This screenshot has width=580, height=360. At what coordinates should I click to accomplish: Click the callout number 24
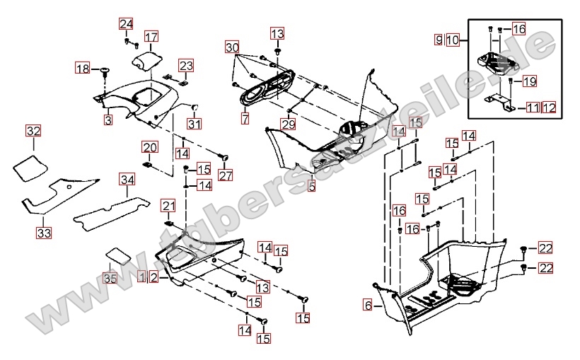click(x=126, y=24)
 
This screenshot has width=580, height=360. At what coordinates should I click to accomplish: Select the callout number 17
click(x=151, y=37)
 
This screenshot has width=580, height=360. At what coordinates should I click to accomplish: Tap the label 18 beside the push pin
click(x=83, y=69)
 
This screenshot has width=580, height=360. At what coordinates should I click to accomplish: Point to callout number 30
click(x=232, y=47)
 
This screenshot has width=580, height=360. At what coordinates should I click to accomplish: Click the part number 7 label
click(x=245, y=119)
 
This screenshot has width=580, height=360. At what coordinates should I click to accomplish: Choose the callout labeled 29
click(x=289, y=124)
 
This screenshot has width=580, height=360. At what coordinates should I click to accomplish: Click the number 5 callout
click(x=312, y=186)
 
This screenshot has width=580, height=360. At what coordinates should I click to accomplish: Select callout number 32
click(x=33, y=131)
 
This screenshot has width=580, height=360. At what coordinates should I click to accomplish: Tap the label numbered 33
click(x=44, y=233)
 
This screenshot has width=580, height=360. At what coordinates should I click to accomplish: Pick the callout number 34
click(x=127, y=180)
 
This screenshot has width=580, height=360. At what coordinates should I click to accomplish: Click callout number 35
click(x=110, y=278)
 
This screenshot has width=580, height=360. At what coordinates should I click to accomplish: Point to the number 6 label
click(x=368, y=306)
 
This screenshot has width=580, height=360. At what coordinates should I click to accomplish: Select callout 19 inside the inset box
click(x=530, y=81)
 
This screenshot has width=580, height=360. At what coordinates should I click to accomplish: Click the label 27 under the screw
click(x=226, y=175)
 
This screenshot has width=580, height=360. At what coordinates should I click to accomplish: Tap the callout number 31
click(x=195, y=124)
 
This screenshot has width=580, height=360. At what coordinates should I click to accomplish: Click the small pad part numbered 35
click(x=118, y=255)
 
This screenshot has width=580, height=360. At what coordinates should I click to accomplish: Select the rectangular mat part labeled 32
click(x=30, y=168)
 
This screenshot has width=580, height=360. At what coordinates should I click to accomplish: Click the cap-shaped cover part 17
click(x=148, y=60)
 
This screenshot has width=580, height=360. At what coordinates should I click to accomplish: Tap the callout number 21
click(x=168, y=206)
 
